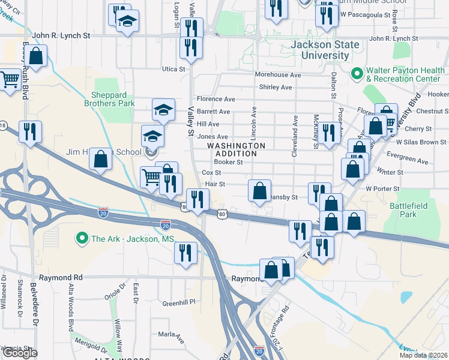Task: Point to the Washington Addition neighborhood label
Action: (236, 149)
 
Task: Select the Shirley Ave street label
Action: (275, 87)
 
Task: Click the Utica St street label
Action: (173, 69)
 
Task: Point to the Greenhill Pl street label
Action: (180, 302)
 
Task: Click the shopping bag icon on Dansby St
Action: (259, 191)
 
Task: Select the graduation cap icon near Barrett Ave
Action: (163, 110)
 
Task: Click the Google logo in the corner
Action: (20, 353)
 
